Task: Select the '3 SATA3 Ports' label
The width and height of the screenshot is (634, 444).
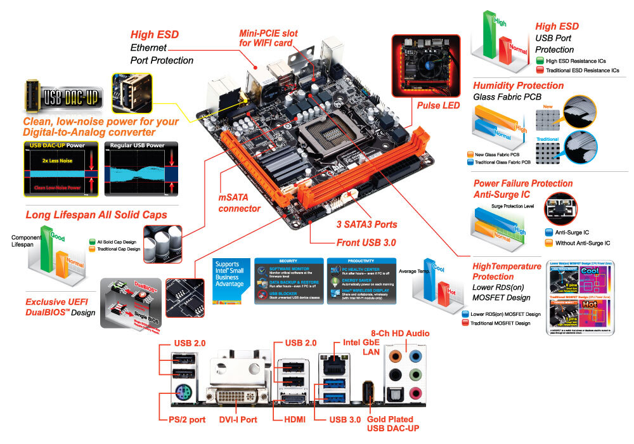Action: [x=367, y=224]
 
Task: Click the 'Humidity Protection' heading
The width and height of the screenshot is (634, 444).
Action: [x=518, y=85]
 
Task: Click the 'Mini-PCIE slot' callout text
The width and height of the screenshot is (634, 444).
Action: [x=268, y=37]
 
